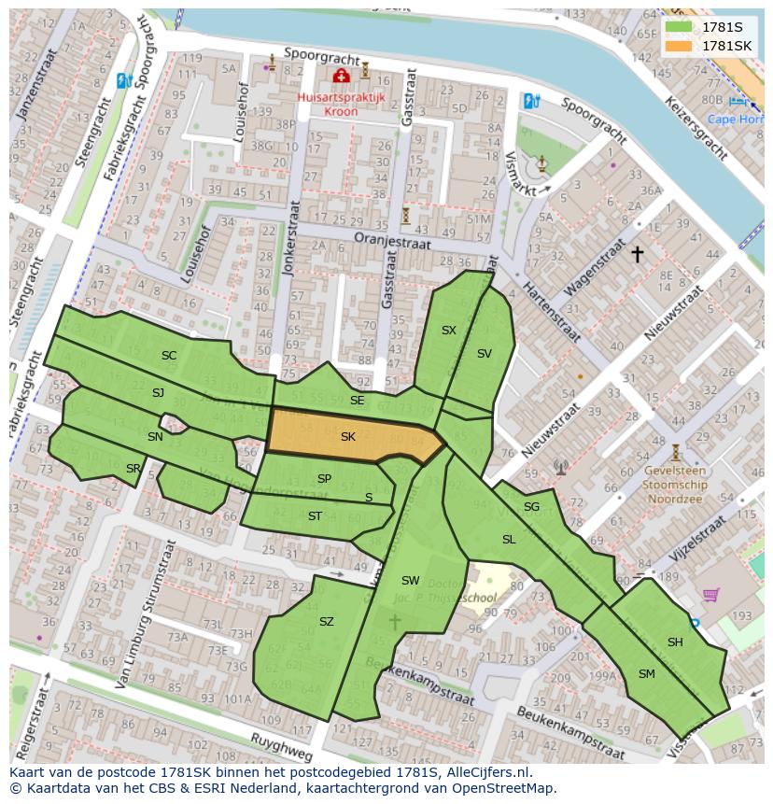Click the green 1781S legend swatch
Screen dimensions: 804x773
click(x=679, y=27)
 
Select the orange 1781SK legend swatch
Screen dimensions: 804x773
click(x=679, y=46)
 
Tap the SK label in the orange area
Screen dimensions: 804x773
click(x=348, y=437)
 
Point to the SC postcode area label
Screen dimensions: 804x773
click(x=169, y=356)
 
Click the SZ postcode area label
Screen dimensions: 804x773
click(x=326, y=622)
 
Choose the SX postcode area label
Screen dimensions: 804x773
click(x=449, y=331)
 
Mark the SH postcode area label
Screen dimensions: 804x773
click(x=675, y=642)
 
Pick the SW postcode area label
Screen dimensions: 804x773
click(x=411, y=581)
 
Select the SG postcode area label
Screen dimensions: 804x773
click(x=531, y=507)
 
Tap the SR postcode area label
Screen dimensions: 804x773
click(x=134, y=469)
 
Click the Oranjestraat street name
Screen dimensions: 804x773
click(x=392, y=241)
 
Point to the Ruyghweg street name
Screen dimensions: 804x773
click(x=280, y=745)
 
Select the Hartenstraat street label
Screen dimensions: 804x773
click(x=551, y=313)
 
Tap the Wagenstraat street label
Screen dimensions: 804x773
click(x=594, y=267)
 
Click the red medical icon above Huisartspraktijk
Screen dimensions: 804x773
click(x=342, y=76)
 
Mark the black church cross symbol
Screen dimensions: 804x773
click(x=638, y=253)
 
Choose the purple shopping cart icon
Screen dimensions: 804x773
click(x=710, y=594)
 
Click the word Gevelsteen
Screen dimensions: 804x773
click(x=675, y=472)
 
